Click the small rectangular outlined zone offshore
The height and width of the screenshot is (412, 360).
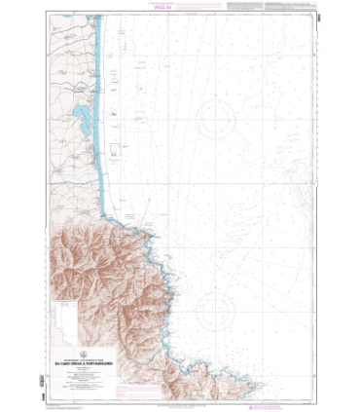coord(115,151)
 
